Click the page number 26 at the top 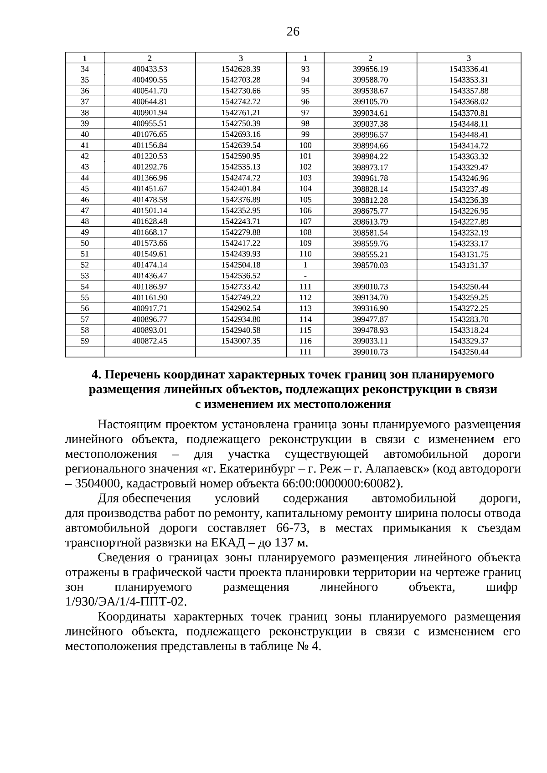click(293, 31)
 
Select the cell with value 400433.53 click(150, 69)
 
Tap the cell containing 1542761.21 click(240, 113)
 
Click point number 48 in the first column click(85, 221)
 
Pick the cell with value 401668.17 click(150, 232)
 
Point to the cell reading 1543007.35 click(240, 341)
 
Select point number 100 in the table click(305, 145)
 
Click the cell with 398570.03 click(370, 265)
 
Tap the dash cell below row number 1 click(305, 276)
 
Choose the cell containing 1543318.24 click(469, 330)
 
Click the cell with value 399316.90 click(370, 308)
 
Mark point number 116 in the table click(305, 341)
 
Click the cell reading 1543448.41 click(469, 135)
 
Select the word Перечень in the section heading click(132, 374)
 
